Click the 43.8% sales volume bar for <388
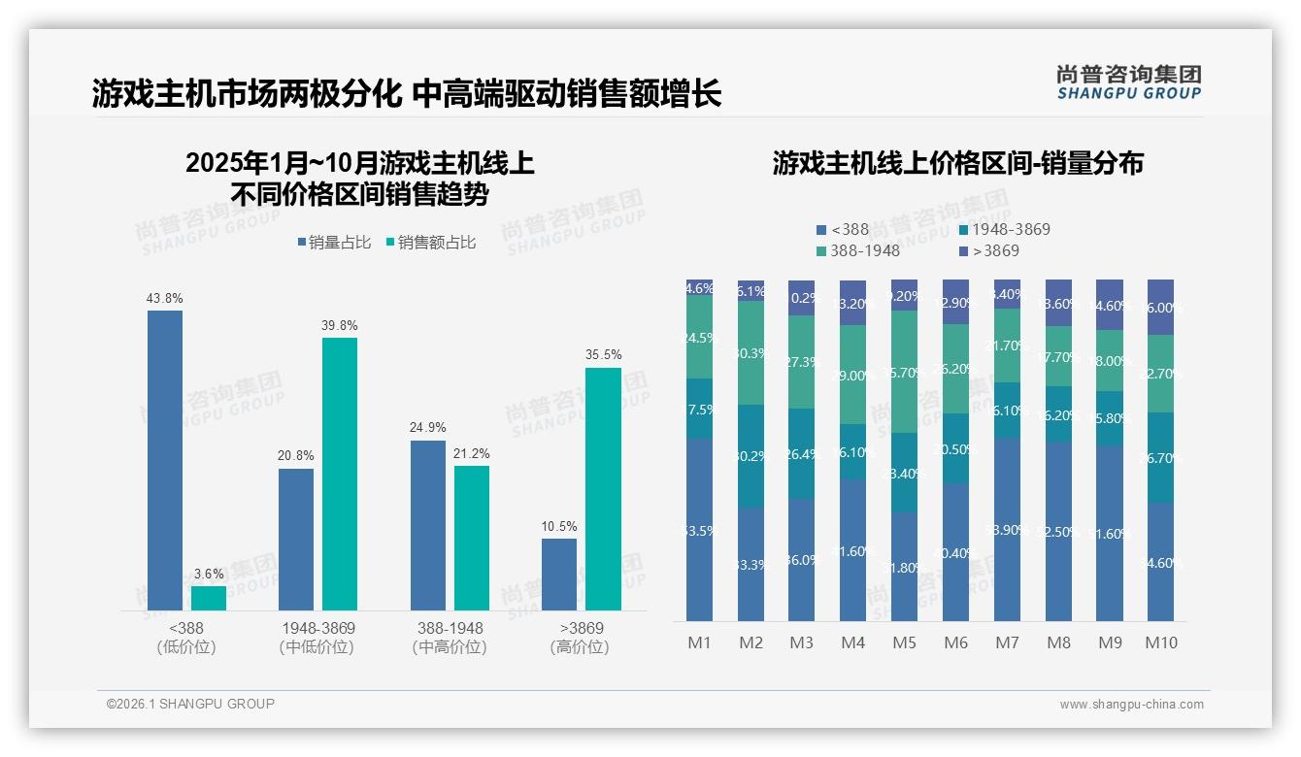[165, 460]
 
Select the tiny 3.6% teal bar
[209, 598]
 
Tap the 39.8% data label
[339, 325]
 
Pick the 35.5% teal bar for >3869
[603, 489]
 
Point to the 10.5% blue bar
[559, 575]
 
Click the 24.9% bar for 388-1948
[428, 525]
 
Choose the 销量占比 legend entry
[334, 243]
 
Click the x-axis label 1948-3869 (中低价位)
[317, 638]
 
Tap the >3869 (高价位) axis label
[579, 638]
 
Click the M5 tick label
[904, 642]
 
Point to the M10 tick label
[1161, 642]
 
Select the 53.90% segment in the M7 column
[1007, 529]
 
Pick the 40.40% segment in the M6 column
[956, 552]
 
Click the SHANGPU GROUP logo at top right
[1128, 82]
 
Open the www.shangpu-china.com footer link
[1131, 705]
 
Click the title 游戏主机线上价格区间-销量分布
[957, 163]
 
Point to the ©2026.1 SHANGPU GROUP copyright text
[190, 704]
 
